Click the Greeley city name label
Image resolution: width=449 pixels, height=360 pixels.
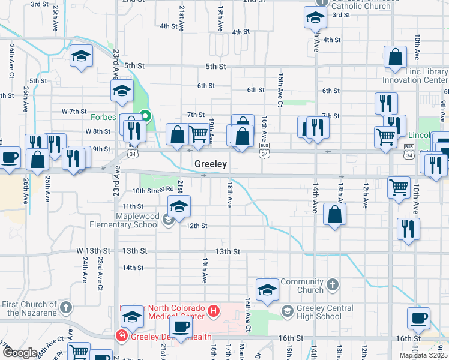[x=209, y=164]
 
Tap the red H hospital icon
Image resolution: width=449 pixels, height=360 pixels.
[x=214, y=311]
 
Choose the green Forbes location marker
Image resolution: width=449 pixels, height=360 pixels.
[x=145, y=116]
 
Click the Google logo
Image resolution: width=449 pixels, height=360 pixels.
[x=20, y=353]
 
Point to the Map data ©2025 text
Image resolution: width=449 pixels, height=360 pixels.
[x=424, y=355]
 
